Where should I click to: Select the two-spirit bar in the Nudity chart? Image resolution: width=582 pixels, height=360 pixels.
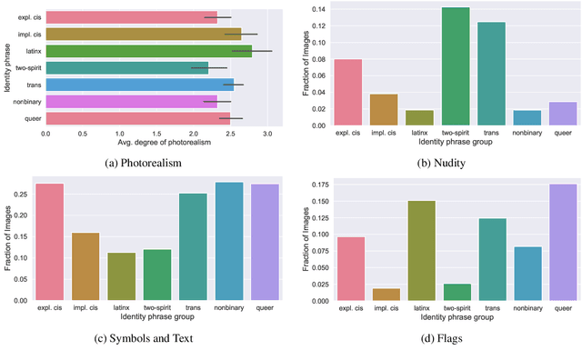pos(455,66)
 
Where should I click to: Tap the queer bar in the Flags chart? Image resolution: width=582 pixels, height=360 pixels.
pos(564,241)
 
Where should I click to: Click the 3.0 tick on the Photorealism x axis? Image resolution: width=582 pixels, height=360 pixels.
pos(267,134)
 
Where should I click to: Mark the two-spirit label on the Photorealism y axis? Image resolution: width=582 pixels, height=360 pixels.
pos(25,68)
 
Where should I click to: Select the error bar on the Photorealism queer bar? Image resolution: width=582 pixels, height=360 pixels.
pos(231,118)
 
